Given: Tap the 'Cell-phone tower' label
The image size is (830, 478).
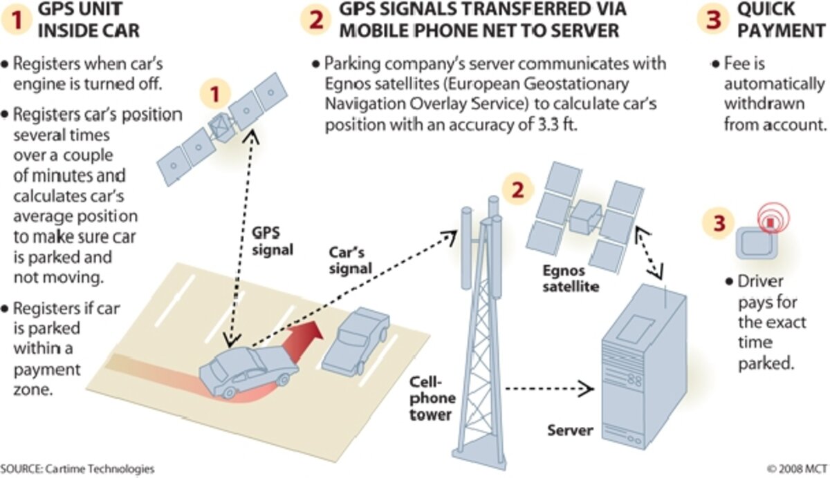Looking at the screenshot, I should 432,398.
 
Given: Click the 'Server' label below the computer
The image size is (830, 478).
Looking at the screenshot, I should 570,430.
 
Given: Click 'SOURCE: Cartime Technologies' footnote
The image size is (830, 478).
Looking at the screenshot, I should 77,468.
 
